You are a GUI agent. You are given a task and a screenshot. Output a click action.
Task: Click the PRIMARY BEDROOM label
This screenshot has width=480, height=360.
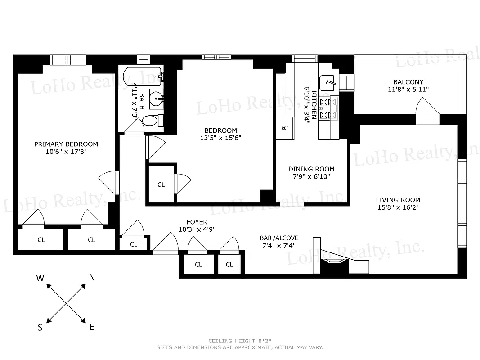point(66,144)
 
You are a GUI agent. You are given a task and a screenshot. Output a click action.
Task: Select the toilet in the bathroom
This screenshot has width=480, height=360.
point(152,120)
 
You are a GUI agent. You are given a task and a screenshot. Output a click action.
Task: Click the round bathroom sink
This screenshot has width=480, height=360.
point(157,99)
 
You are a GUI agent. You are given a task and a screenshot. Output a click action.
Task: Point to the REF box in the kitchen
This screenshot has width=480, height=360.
point(285,128)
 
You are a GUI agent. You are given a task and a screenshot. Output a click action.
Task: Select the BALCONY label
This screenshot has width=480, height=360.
point(408,82)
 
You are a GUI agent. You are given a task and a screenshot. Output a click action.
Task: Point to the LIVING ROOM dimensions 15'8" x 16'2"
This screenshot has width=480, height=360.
point(398,207)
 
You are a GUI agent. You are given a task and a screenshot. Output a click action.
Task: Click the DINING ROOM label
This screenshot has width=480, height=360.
point(311,169)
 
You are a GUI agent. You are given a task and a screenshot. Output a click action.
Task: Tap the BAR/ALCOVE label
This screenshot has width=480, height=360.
point(279,238)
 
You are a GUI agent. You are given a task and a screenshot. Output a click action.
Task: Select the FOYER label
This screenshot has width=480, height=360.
point(197,222)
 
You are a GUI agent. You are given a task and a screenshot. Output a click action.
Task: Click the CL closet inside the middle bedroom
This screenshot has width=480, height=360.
point(161,184)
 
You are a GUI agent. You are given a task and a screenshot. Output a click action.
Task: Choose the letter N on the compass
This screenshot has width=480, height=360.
point(92,278)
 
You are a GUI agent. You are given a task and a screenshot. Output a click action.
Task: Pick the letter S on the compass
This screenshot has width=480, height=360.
point(40,328)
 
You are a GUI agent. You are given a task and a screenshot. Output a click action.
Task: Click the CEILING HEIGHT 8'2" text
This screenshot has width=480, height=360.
point(240,341)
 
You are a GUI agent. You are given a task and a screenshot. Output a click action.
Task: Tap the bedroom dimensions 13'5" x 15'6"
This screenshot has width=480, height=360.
point(221,138)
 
